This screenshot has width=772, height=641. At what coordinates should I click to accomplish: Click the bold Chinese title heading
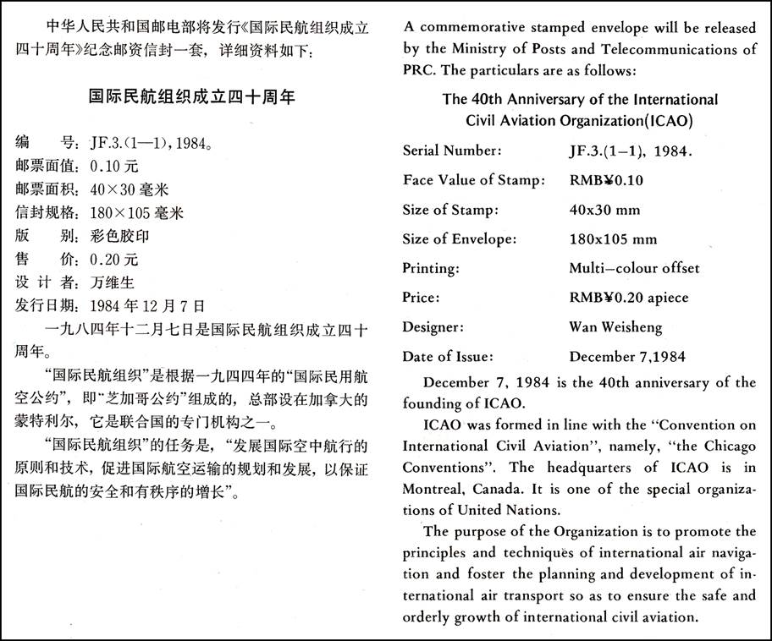[192, 97]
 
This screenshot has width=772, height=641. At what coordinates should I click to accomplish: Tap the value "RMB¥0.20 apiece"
[629, 298]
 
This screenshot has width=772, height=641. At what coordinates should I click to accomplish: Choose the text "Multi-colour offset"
[634, 268]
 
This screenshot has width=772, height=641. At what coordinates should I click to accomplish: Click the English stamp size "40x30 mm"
[604, 210]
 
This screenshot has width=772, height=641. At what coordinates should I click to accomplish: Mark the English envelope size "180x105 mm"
[613, 239]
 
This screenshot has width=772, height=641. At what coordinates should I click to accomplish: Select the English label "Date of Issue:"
[447, 356]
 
